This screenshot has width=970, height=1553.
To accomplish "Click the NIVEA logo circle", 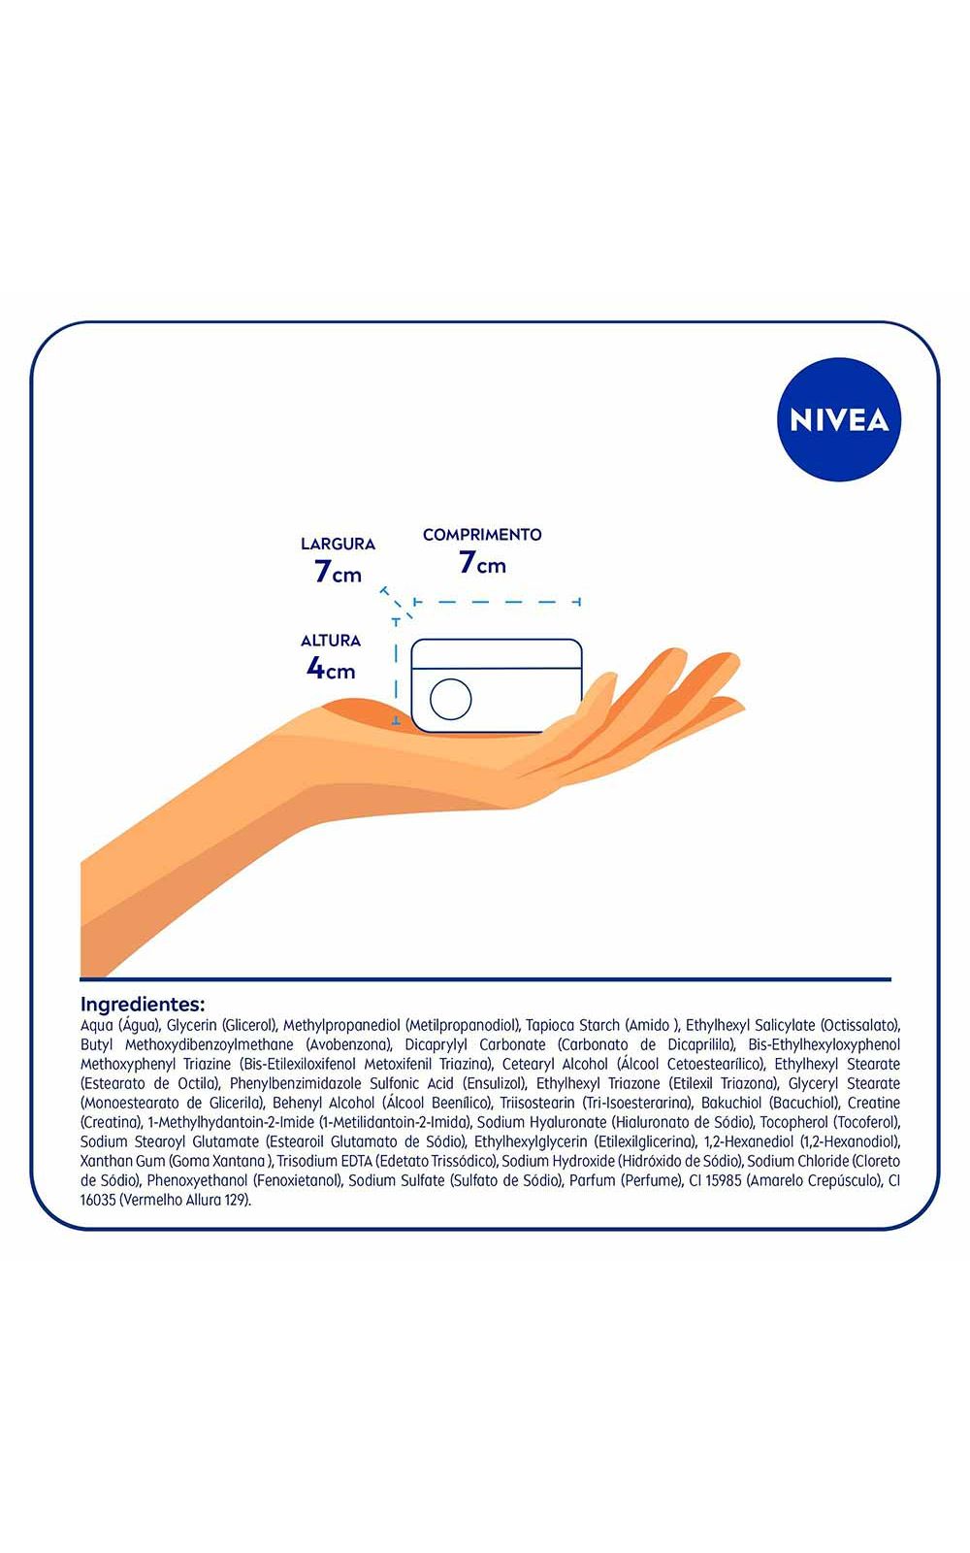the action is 838,419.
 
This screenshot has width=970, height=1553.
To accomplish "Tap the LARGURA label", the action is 338,545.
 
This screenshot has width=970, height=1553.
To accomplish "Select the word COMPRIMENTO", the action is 482,535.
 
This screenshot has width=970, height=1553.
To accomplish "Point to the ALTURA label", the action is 331,641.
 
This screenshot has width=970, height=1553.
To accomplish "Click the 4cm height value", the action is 331,669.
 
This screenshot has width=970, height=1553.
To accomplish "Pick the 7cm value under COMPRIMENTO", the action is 482,562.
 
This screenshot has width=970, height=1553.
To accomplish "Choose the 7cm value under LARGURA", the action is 338,572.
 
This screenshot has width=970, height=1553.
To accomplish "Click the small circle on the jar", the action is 450,699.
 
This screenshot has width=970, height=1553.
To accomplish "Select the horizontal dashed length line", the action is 497,602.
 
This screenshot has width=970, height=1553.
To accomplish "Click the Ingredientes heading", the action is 143,1005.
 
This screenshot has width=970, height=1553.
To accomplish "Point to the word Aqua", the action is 96,1025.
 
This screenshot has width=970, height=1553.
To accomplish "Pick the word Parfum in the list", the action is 593,1180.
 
